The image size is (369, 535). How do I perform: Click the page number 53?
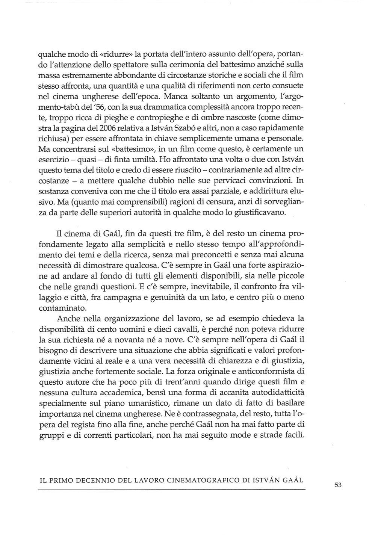337,485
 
